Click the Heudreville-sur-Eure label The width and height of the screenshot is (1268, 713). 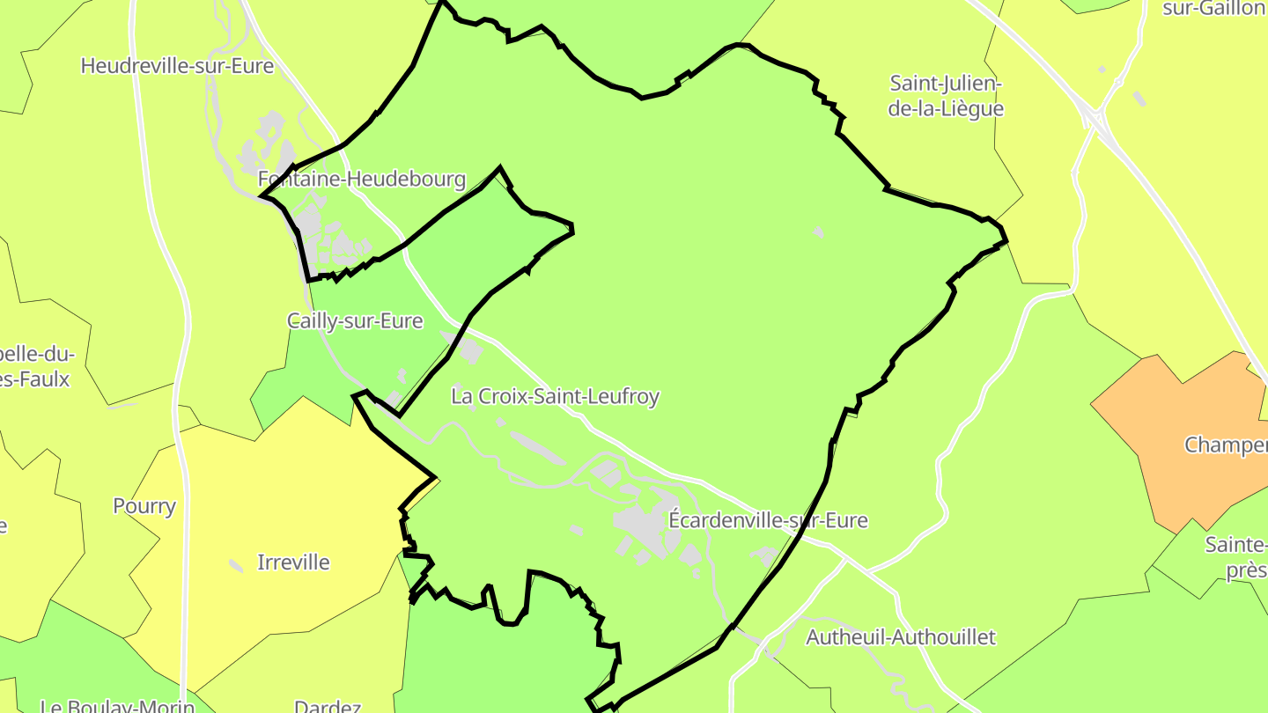(x=177, y=66)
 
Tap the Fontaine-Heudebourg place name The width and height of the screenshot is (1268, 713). (x=361, y=180)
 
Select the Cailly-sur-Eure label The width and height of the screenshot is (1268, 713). (x=355, y=321)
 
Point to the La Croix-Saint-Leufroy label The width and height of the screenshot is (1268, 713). (x=555, y=397)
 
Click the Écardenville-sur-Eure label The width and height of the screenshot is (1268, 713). (x=768, y=520)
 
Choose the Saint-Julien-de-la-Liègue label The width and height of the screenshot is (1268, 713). (x=946, y=96)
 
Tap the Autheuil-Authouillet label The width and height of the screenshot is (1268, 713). (x=901, y=636)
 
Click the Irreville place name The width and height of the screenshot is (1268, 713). (x=293, y=562)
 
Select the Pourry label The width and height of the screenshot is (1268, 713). (x=144, y=506)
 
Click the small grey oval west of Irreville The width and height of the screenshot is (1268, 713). (x=236, y=565)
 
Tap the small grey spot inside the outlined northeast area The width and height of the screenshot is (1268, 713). (x=818, y=232)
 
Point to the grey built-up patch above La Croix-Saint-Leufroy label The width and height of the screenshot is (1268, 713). (x=468, y=349)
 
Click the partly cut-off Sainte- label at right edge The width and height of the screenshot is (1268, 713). (x=1235, y=545)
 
